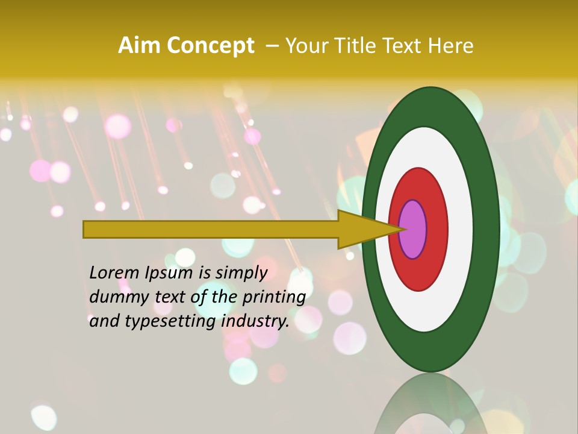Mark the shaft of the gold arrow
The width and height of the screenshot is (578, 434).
coord(211,229)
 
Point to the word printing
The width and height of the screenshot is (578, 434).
coord(273,297)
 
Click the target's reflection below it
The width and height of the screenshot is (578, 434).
coord(430,407)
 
